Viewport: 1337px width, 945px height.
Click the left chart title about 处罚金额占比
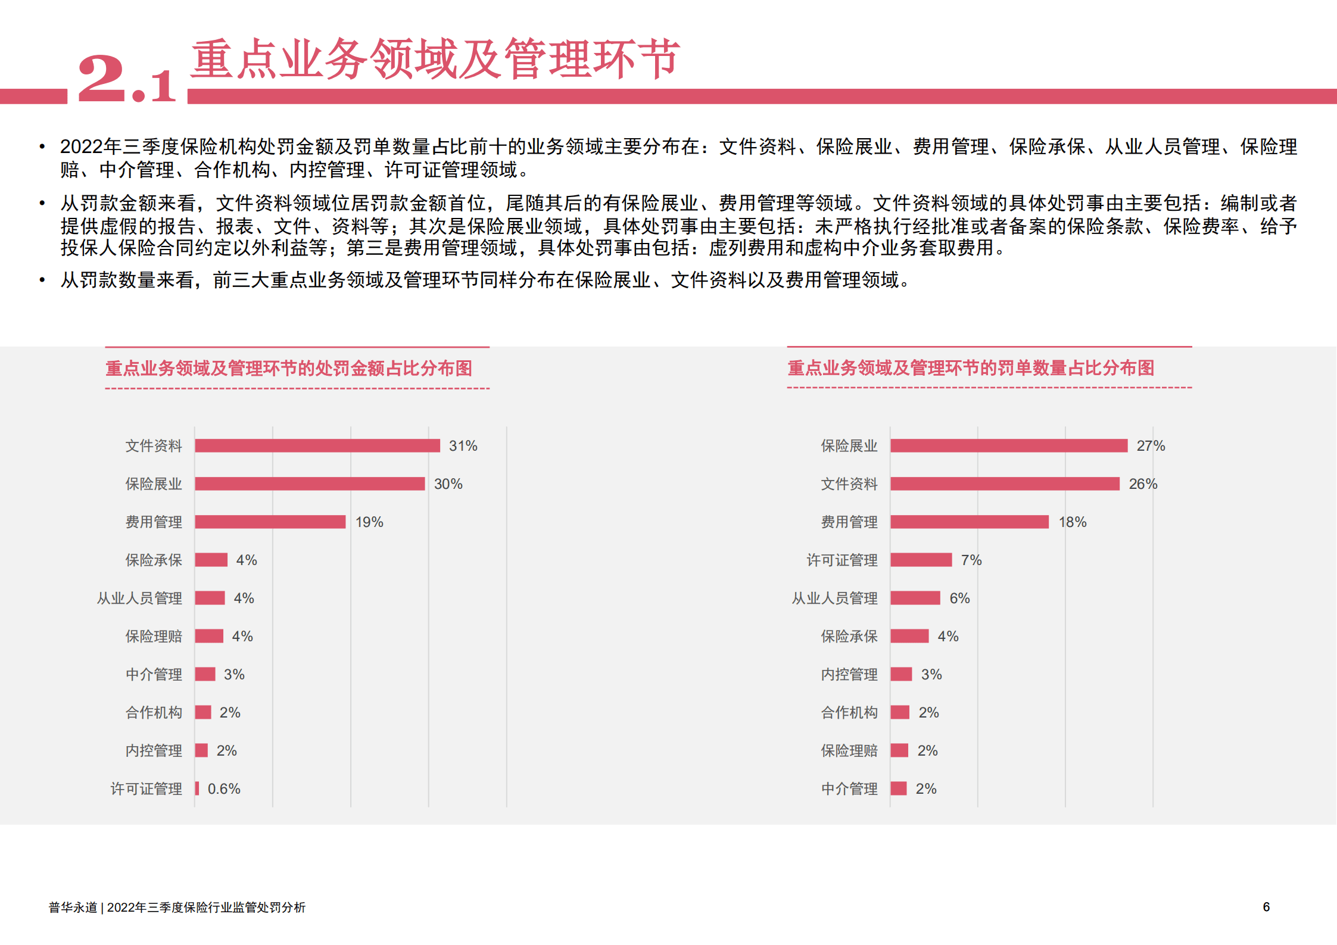[x=289, y=368]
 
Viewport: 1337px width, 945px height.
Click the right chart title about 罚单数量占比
[x=971, y=368]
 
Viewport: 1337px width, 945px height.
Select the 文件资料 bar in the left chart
[x=317, y=445]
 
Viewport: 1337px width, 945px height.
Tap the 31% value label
[x=463, y=446]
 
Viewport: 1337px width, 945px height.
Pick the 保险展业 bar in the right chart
[x=1009, y=445]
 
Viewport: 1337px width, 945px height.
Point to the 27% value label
[x=1150, y=446]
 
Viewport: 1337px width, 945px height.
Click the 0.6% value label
[x=224, y=789]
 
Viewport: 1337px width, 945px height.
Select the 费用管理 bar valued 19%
[x=270, y=522]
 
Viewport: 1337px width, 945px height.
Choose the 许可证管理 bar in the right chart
[x=921, y=560]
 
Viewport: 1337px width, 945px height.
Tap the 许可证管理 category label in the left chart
[x=147, y=789]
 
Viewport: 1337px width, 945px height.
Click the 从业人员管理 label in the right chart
[x=834, y=598]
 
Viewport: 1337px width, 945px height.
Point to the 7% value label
[x=971, y=560]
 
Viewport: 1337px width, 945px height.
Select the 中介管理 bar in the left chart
[x=205, y=674]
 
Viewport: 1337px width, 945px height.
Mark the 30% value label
[x=448, y=484]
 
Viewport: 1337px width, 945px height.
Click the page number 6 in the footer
[x=1266, y=907]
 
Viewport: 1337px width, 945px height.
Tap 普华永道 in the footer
[x=73, y=907]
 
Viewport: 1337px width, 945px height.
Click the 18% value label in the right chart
[x=1072, y=522]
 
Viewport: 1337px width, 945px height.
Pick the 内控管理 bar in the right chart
[x=901, y=674]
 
